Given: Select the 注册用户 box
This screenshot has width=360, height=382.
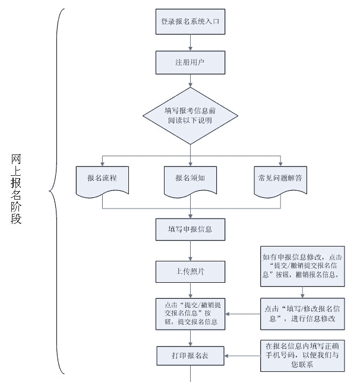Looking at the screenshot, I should pos(190,61).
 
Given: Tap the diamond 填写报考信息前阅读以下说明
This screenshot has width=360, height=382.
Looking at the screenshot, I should pos(190,115).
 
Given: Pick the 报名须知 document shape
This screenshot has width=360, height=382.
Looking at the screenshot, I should pos(190,180).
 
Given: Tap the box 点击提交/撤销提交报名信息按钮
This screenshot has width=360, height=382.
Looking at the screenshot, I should pos(190,313).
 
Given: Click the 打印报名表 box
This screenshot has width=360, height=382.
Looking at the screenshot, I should pos(190,356).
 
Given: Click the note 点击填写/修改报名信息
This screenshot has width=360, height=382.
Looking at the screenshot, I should pos(302,313).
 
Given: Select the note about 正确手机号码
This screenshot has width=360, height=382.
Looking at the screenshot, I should pos(302,355).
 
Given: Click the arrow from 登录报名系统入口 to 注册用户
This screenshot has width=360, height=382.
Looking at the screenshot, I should pos(190,42).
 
